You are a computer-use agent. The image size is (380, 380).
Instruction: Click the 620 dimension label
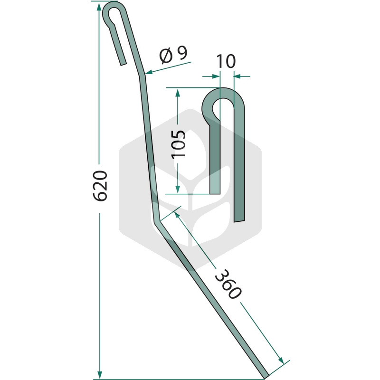100,186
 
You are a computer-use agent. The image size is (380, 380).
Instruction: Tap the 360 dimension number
228,284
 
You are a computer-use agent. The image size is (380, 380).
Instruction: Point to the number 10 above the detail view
226,61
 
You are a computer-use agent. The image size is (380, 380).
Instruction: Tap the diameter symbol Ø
166,56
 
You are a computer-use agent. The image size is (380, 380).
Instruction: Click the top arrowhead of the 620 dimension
99,7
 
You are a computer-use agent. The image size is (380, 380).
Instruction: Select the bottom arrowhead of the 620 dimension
99,374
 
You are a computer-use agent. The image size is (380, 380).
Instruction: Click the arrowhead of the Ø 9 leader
149,72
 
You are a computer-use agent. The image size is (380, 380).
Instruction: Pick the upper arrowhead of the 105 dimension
178,93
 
